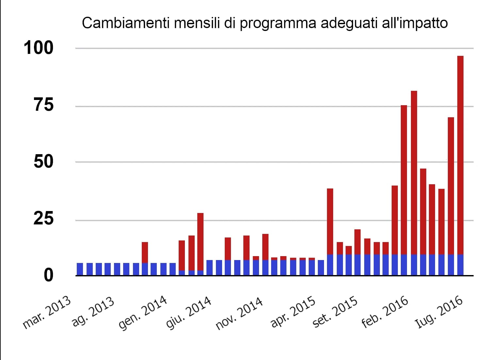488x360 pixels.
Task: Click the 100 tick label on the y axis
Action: click(38, 48)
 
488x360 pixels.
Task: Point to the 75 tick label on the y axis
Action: click(43, 106)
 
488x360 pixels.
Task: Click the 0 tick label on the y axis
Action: click(48, 275)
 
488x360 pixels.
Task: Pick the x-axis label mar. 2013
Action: click(47, 313)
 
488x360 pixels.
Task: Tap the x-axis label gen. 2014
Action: click(143, 313)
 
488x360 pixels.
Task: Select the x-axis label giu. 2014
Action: click(188, 313)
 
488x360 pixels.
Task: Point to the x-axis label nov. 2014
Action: click(239, 313)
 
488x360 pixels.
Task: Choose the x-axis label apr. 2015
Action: click(293, 312)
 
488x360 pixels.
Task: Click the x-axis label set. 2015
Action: click(335, 312)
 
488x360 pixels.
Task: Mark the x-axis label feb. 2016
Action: click(385, 312)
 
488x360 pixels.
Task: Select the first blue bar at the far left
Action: click(80, 269)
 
